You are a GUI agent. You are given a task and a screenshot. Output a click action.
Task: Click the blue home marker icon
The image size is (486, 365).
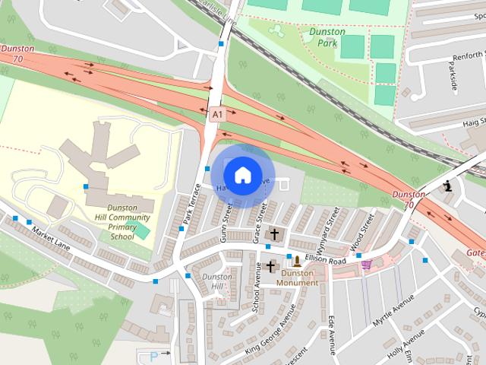pos(242,176)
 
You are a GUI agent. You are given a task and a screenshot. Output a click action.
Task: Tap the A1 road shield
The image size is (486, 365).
pos(218,114)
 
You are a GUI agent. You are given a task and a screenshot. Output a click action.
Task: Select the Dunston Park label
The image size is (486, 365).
pos(327,37)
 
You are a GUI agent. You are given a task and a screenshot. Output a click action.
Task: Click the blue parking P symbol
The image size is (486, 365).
pos(155,355)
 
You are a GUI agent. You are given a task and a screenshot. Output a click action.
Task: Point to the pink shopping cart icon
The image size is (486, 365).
pos(367,265)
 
